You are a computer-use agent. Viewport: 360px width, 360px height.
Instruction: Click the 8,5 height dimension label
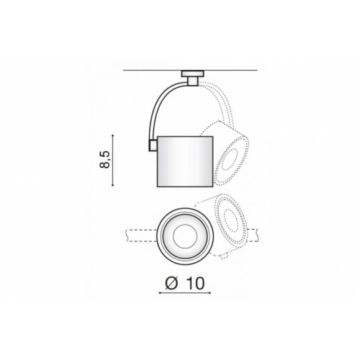coord(104,160)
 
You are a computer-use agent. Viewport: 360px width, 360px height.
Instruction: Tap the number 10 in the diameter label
coord(195,284)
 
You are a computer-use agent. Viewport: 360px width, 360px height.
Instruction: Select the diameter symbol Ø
coord(172,283)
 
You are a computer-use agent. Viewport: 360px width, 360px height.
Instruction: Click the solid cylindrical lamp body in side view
coord(185,161)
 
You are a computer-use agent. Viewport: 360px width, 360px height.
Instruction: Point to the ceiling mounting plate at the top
coord(192,73)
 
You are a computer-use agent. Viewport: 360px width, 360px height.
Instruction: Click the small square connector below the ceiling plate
coord(193,81)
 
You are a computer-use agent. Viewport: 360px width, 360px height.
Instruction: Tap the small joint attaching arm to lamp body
coord(153,145)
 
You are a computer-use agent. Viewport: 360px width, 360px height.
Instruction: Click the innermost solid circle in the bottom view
coord(185,237)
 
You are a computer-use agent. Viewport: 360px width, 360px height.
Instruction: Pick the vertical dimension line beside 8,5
coord(113,161)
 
